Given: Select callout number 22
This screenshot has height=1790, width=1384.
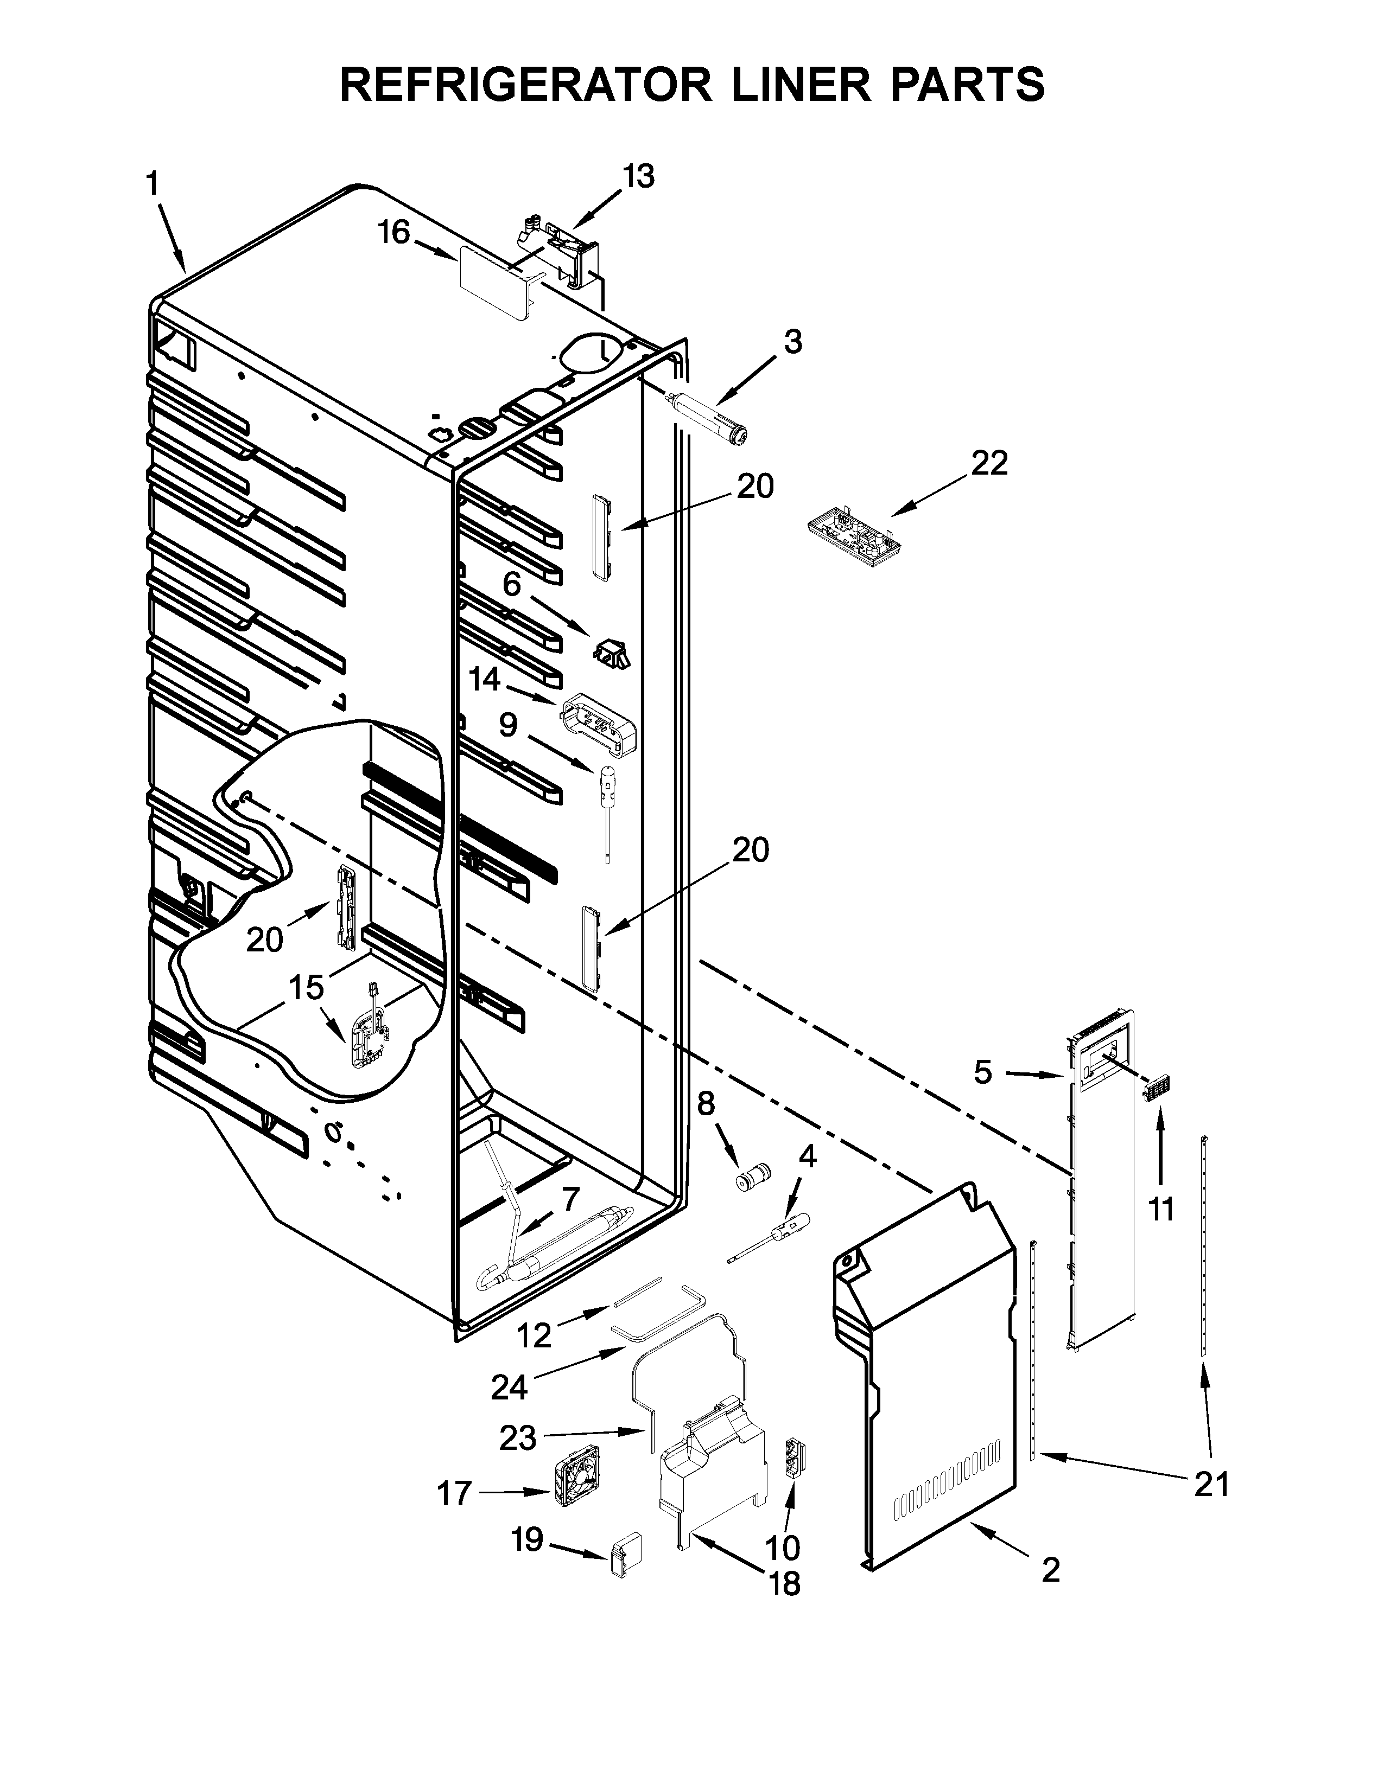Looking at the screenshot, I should tap(989, 464).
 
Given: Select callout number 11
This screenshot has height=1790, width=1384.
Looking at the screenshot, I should tap(1160, 1210).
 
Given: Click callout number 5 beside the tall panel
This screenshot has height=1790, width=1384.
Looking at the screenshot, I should tap(983, 1072).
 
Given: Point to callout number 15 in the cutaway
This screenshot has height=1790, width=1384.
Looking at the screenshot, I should tap(306, 988).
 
